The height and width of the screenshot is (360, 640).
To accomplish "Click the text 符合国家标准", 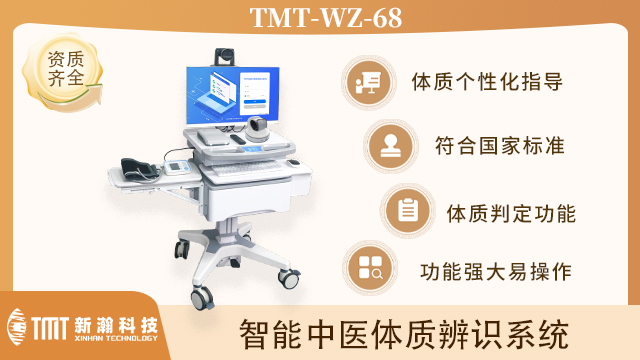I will (500, 146).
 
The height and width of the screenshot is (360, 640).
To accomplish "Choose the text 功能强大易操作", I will (496, 270).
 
